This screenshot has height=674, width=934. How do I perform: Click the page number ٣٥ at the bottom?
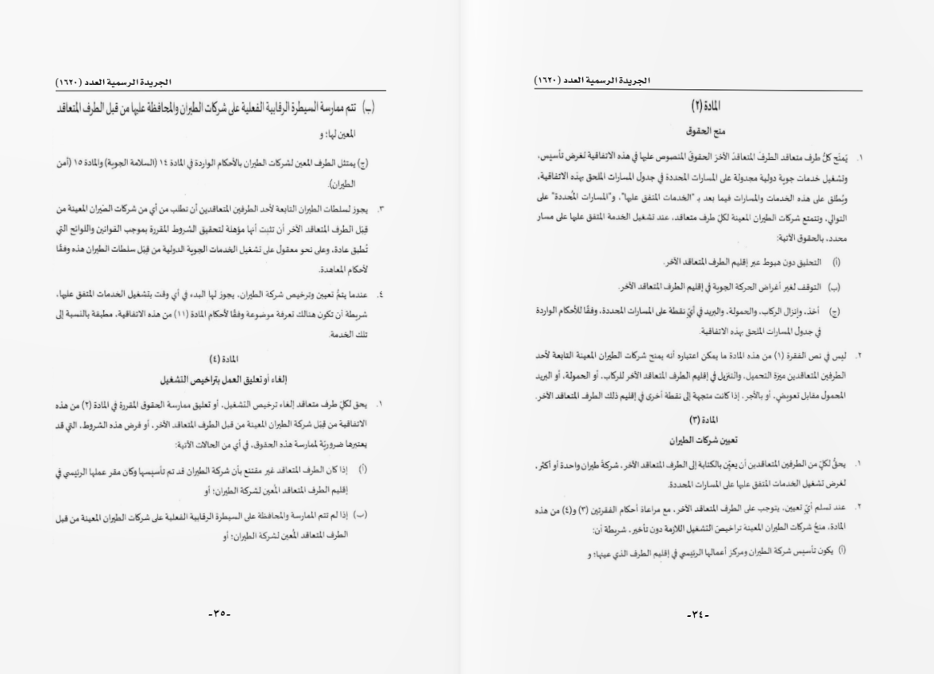pyautogui.click(x=218, y=614)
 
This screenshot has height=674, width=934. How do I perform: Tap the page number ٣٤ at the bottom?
pyautogui.click(x=697, y=614)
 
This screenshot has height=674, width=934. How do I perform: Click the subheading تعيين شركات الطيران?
pyautogui.click(x=700, y=438)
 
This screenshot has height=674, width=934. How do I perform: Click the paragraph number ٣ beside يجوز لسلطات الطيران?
pyautogui.click(x=380, y=208)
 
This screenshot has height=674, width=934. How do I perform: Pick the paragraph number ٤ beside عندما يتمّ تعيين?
pyautogui.click(x=380, y=295)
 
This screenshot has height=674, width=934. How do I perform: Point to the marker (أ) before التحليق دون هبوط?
pyautogui.click(x=836, y=261)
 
